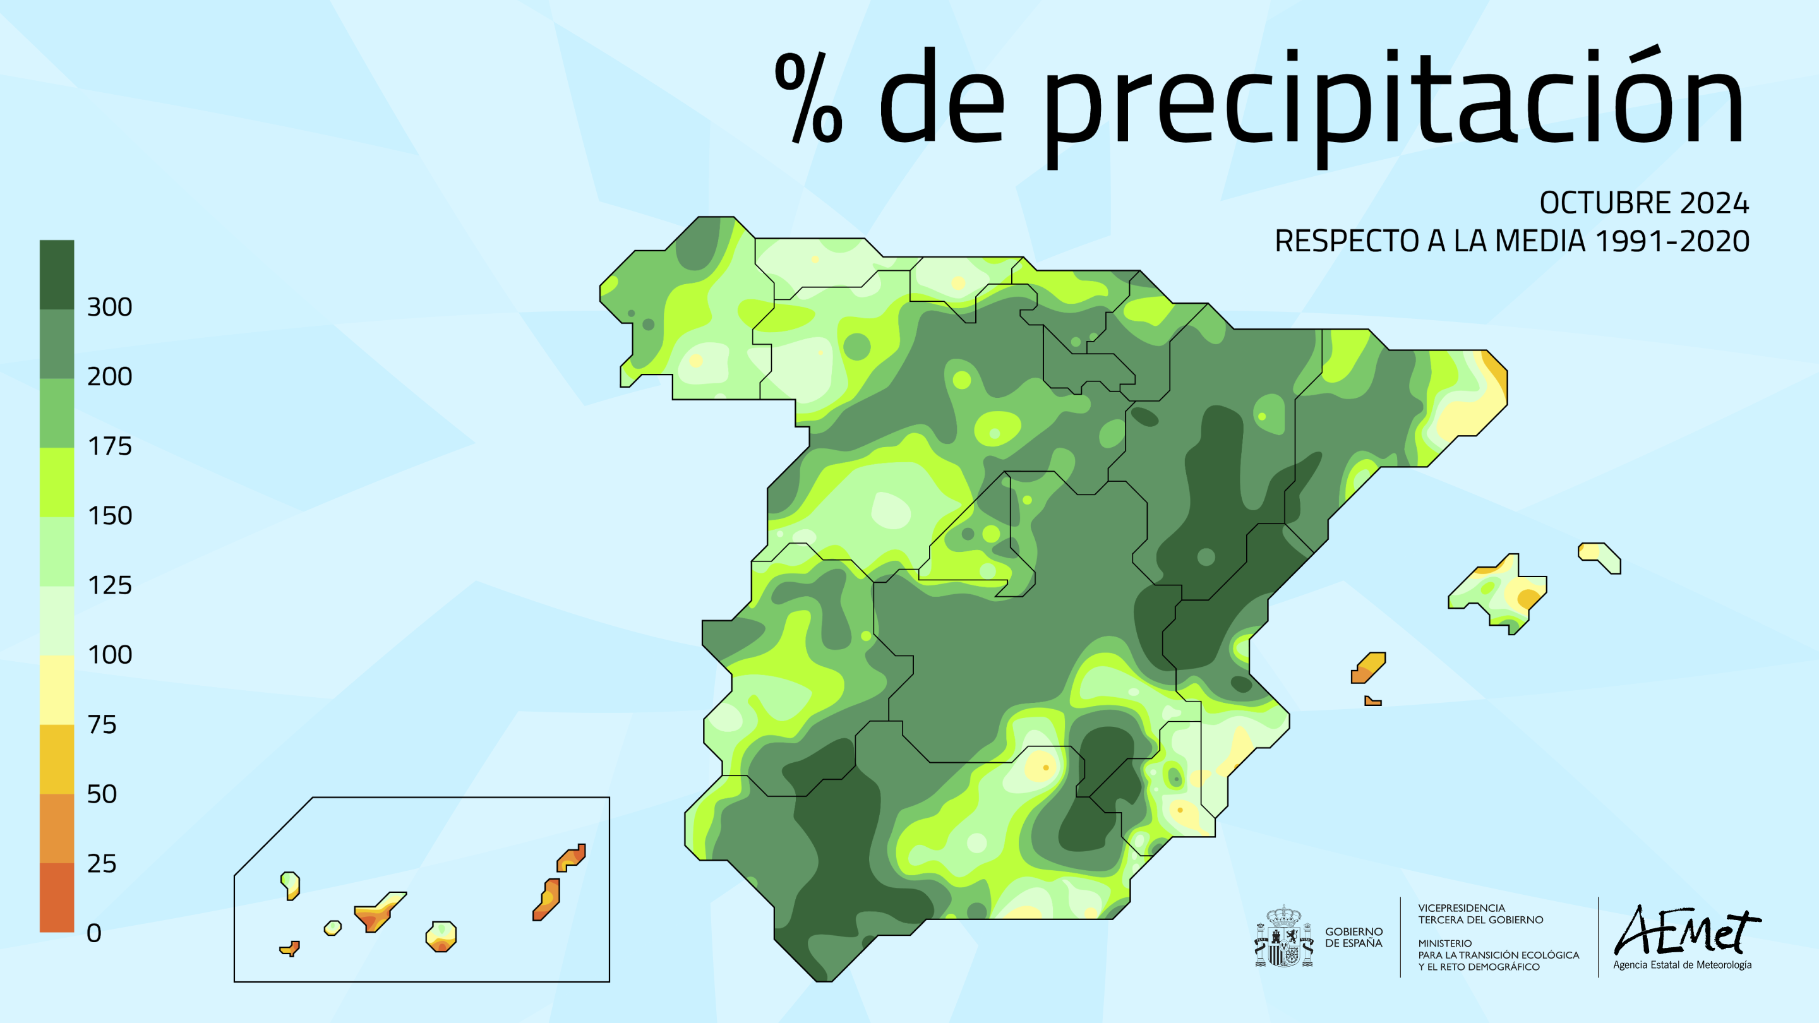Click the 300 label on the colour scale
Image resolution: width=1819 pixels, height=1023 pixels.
click(x=109, y=307)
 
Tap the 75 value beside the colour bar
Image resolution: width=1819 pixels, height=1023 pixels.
click(x=102, y=724)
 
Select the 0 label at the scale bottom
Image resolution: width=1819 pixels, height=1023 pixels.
click(x=94, y=933)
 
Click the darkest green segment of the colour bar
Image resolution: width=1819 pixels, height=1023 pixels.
click(x=56, y=274)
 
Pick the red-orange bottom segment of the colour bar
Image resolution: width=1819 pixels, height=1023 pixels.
click(x=56, y=897)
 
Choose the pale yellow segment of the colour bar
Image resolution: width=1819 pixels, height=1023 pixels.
click(x=56, y=690)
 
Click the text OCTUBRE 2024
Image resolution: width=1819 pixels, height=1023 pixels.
click(x=1643, y=203)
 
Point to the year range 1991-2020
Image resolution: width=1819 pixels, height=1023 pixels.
click(x=1671, y=241)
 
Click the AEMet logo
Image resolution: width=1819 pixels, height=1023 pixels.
click(x=1686, y=931)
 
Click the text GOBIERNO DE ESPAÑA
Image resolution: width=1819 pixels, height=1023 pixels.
click(x=1353, y=938)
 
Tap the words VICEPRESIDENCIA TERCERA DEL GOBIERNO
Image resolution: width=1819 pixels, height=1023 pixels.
click(x=1480, y=914)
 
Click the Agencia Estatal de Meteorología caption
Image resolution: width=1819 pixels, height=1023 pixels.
click(x=1681, y=965)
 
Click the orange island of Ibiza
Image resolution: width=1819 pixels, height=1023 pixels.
click(x=1368, y=668)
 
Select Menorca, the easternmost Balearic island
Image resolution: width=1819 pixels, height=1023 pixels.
click(x=1599, y=557)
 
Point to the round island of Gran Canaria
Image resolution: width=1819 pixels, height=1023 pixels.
click(x=441, y=936)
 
